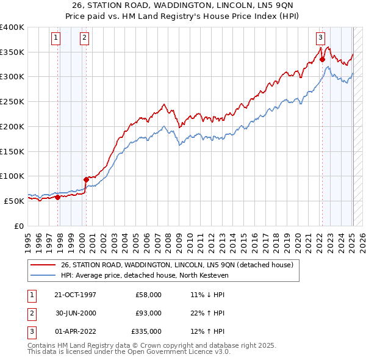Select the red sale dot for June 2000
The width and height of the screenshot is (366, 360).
pos(86,179)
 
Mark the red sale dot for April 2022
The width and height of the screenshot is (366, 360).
pos(323,60)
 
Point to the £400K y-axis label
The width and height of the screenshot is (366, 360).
pos(12,27)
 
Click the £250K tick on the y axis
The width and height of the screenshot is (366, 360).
pos(12,102)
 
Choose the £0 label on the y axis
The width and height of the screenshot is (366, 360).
pos(18,226)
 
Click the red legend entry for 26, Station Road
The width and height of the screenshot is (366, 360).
pos(177,265)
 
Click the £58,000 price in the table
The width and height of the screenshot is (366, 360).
pos(149,294)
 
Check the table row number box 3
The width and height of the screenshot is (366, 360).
pos(30,332)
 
